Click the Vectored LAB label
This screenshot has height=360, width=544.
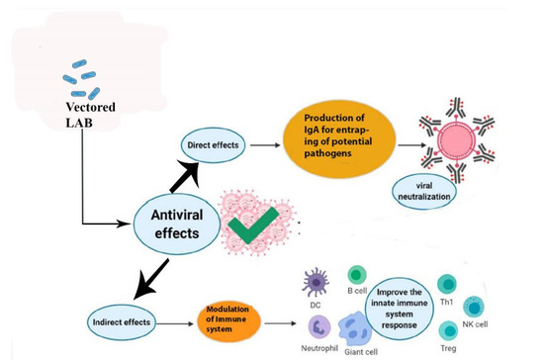pos(91,112)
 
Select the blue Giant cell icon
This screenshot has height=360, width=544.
pos(355,321)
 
